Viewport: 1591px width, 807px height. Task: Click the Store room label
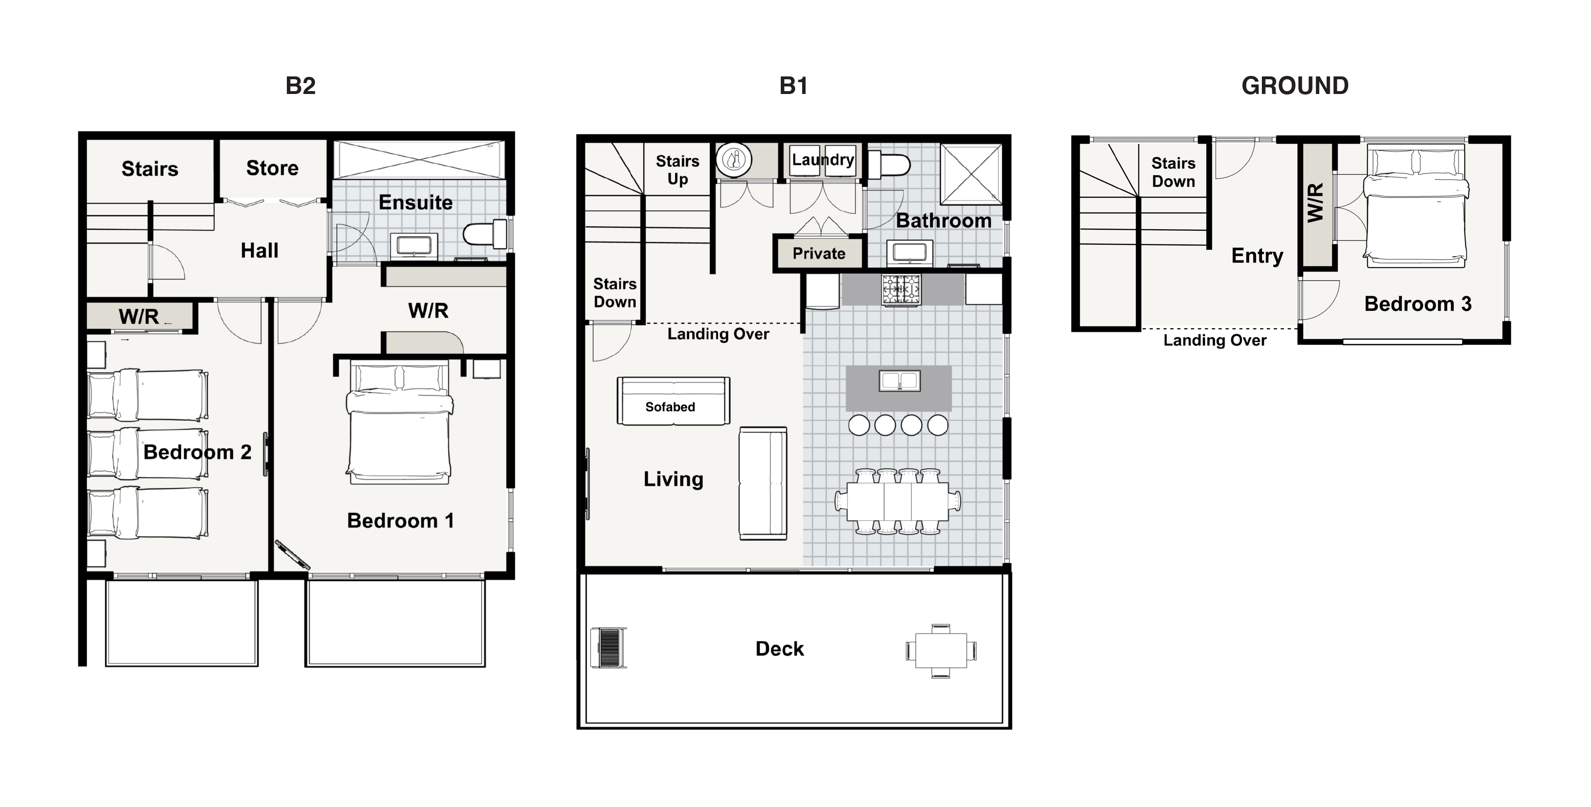[x=273, y=168]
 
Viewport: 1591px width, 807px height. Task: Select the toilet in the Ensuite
[x=485, y=234]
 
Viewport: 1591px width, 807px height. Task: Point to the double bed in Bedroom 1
[x=399, y=423]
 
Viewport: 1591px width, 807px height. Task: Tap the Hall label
[x=259, y=251]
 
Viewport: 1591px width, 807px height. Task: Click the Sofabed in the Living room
[x=673, y=401]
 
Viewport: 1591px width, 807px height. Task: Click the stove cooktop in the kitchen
[x=901, y=290]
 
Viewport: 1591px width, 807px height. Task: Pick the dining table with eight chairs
[x=898, y=501]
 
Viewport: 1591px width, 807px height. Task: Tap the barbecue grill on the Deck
[x=608, y=647]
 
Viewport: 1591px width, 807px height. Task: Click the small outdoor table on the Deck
[x=941, y=651]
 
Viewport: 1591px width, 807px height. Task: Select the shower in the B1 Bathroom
[x=971, y=174]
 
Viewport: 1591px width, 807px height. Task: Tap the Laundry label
[x=823, y=160]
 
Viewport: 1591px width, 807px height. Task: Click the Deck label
[x=779, y=649]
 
